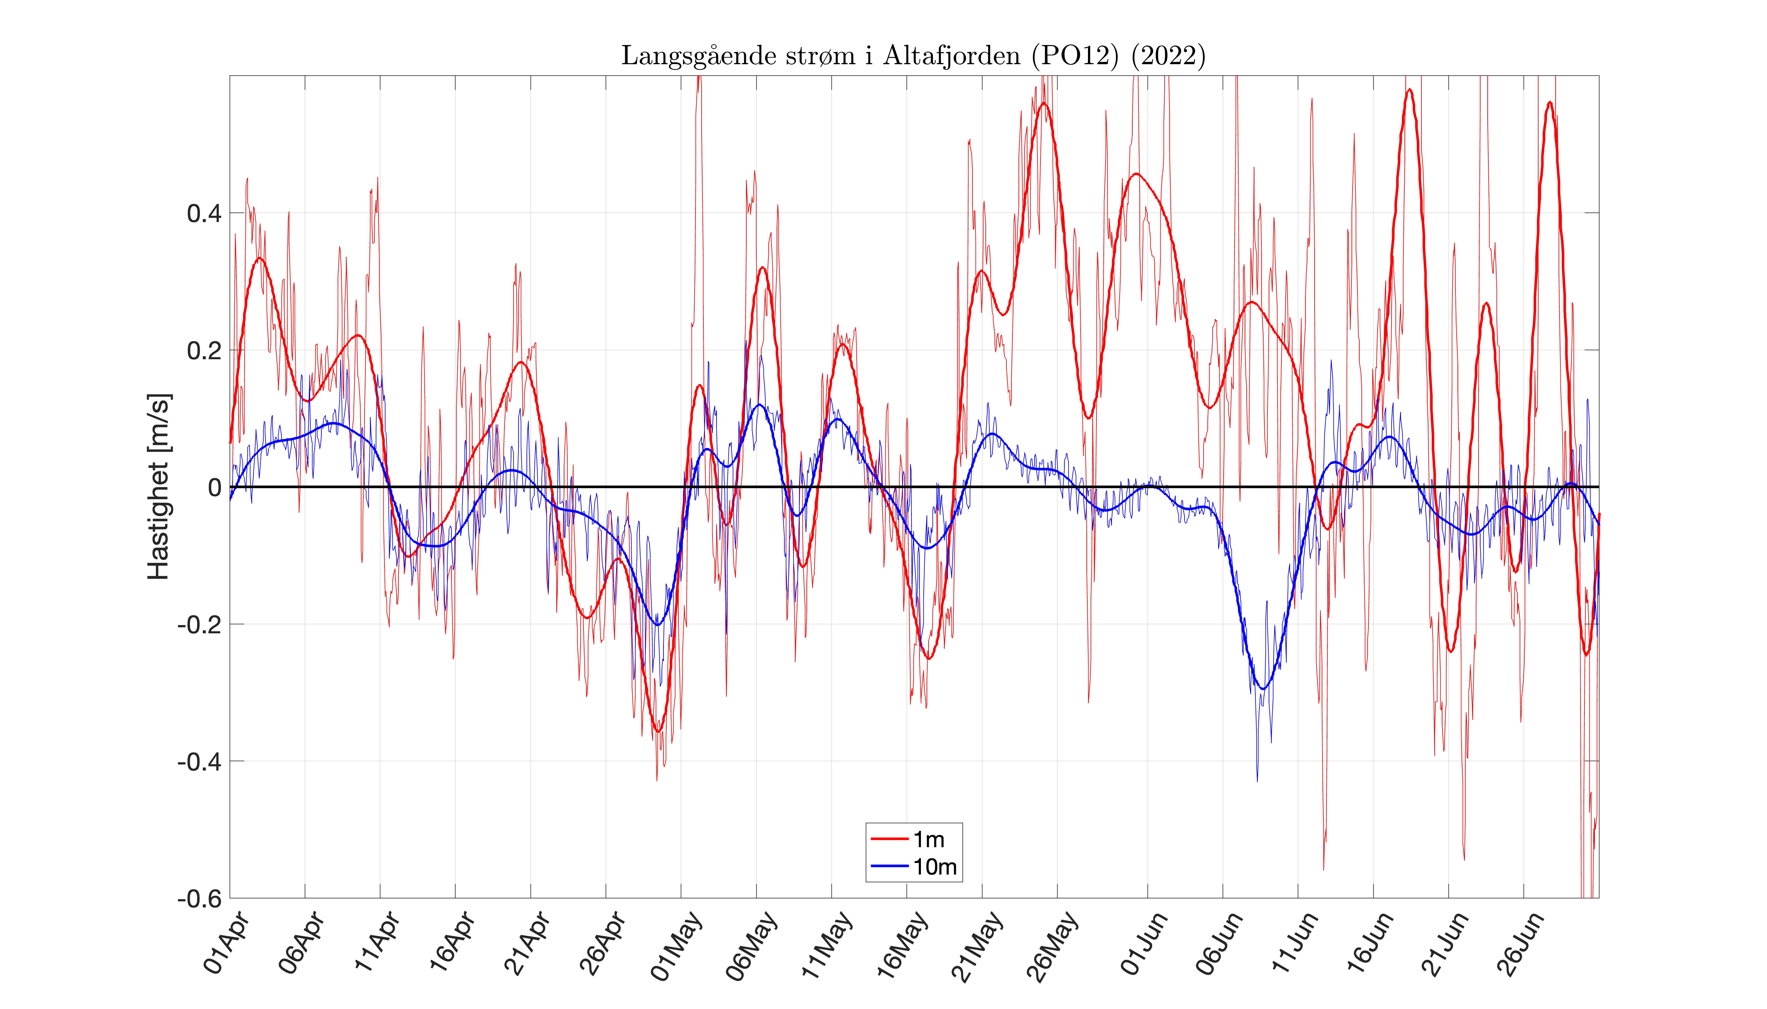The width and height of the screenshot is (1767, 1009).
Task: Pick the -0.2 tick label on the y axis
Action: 200,625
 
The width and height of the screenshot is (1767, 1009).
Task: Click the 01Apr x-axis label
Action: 227,944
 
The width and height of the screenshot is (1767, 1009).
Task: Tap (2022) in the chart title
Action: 1168,55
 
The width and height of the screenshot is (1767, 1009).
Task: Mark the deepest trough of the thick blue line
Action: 1263,688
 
